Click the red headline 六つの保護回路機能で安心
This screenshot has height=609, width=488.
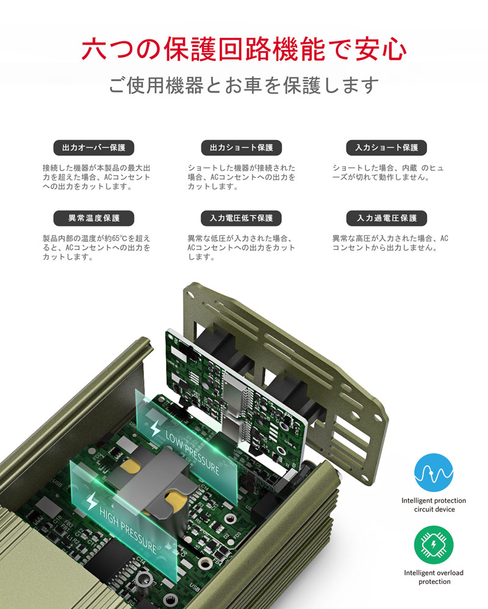244,49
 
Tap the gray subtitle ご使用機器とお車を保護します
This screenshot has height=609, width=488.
243,85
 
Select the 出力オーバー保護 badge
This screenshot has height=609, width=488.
94,147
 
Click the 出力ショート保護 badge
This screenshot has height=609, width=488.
242,147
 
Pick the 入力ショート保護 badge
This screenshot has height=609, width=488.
386,147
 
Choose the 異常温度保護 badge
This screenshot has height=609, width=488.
94,218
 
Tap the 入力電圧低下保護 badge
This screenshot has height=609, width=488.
242,218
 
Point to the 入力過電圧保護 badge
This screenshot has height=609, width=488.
386,218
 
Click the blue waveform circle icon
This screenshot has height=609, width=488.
434,473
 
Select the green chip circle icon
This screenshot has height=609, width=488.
434,545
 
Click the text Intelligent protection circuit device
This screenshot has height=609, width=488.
434,505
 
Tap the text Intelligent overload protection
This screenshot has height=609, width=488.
434,577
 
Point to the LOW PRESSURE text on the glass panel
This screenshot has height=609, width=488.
192,453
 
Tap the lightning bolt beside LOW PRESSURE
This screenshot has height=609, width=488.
155,428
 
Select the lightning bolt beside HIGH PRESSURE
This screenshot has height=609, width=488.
91,501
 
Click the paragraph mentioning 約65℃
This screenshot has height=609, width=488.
96,248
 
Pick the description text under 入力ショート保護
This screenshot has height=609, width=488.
387,173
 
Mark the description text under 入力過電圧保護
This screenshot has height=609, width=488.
390,243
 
